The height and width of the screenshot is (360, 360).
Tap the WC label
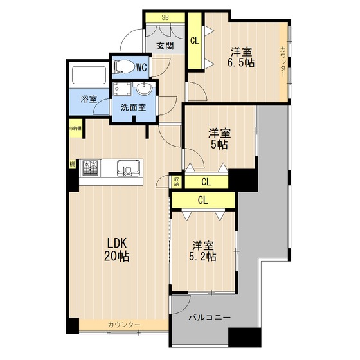coord(141,66)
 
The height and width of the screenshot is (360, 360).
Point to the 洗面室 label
coord(134,108)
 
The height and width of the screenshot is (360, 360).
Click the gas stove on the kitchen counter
coord(89,168)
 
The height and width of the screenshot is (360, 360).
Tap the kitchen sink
coord(130,169)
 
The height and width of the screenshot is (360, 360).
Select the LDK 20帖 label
coord(118,249)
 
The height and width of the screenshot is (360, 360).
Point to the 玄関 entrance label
coord(165,46)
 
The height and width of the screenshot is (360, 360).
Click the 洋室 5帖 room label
coord(219,139)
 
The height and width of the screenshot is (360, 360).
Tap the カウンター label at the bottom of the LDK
coord(124,325)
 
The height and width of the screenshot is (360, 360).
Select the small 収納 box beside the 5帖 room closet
coord(176,181)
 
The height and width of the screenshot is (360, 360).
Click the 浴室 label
coord(88,100)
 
